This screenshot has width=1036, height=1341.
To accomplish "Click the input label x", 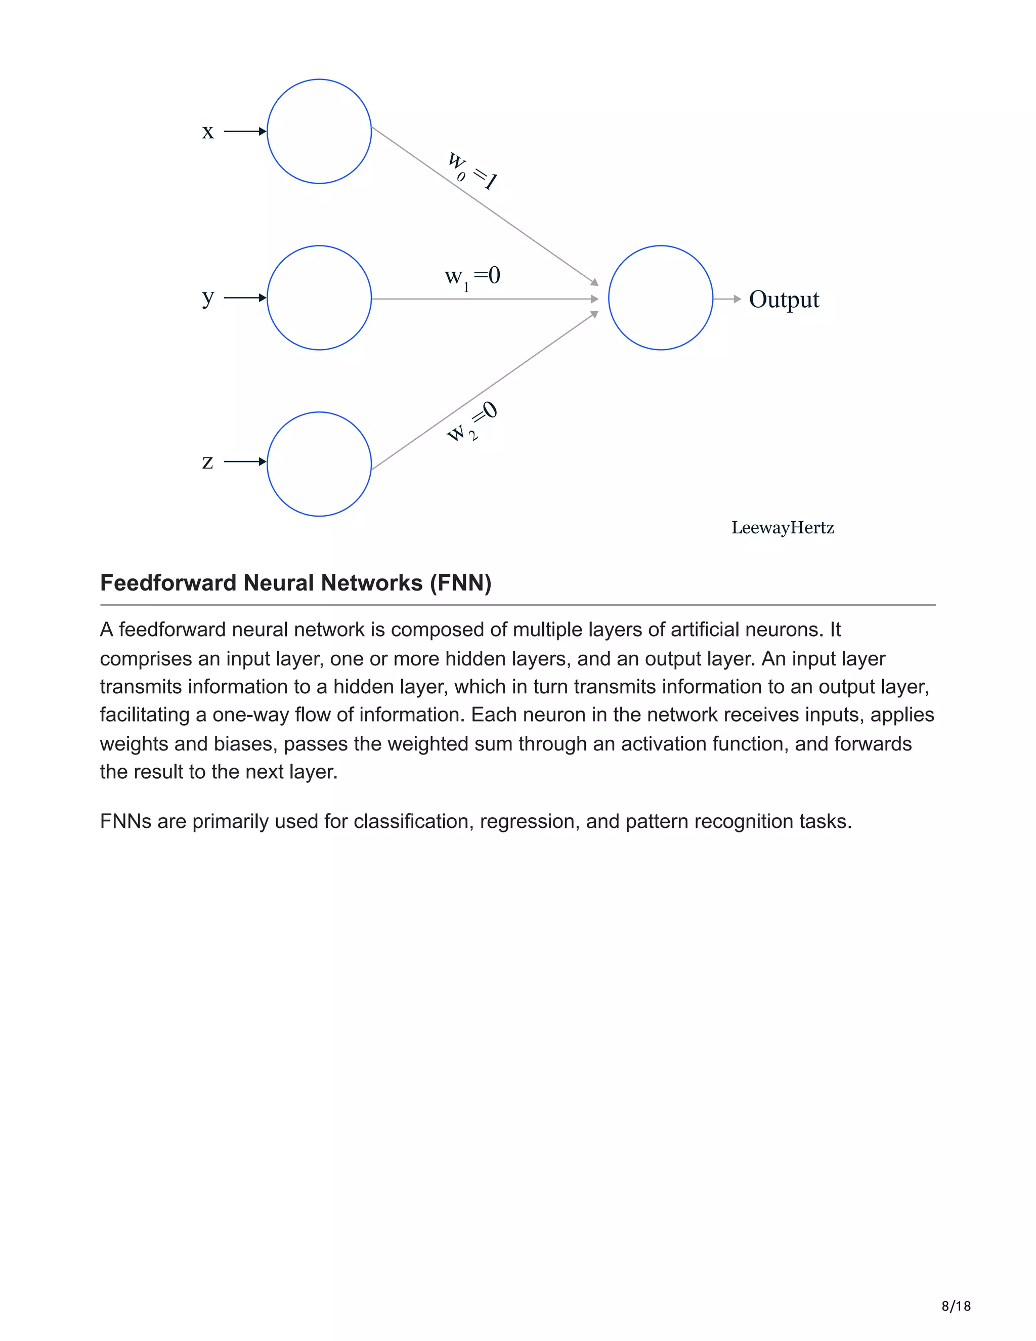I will [x=208, y=132].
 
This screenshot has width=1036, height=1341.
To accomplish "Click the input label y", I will [x=208, y=298].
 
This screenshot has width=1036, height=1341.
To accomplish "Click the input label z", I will [x=208, y=462].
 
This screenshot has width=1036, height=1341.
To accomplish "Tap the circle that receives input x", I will [x=319, y=132].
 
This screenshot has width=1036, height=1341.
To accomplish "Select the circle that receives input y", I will [x=319, y=298].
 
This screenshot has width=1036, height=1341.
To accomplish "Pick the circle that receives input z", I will [x=319, y=464].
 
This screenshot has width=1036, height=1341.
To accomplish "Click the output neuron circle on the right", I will [x=660, y=298].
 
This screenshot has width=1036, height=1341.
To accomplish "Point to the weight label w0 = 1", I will [x=471, y=171].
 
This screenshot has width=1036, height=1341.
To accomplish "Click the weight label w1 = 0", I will [x=472, y=277].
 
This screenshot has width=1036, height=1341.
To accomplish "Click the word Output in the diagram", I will [x=784, y=300].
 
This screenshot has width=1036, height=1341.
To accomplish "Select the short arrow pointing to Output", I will [x=727, y=299].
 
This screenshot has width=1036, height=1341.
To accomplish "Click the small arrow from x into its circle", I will [x=244, y=132].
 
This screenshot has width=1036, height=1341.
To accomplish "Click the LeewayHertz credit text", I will [x=783, y=528].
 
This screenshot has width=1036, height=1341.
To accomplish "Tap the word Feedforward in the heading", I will [x=169, y=582].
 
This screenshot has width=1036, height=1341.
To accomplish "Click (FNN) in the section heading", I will [x=460, y=582].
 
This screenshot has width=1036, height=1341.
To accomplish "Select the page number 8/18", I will [x=956, y=1306].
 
